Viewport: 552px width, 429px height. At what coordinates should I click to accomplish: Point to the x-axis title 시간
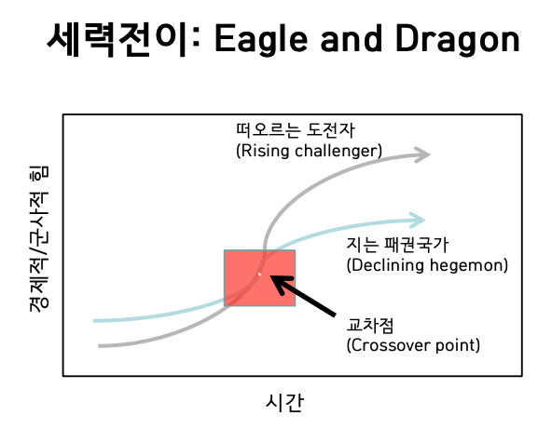tap(284, 402)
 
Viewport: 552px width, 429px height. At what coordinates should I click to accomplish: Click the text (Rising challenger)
tap(310, 150)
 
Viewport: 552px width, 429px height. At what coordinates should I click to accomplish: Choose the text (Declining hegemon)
tap(426, 265)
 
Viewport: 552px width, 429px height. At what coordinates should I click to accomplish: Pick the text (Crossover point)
tap(412, 345)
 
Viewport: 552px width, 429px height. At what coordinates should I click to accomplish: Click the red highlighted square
tap(259, 277)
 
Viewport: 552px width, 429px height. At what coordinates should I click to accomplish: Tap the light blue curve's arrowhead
tap(416, 221)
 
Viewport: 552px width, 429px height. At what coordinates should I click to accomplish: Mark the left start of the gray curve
tap(99, 345)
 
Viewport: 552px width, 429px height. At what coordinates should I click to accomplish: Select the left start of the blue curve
tap(95, 321)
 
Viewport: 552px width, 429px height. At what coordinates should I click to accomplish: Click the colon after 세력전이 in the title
tap(200, 41)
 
